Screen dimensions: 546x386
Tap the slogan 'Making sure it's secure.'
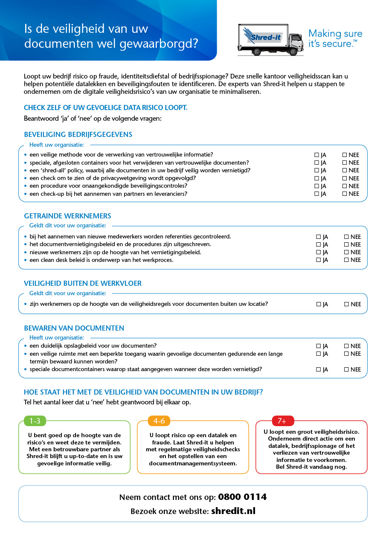point(335,38)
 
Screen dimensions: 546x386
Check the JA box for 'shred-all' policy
point(316,171)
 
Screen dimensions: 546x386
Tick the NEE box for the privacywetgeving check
point(345,178)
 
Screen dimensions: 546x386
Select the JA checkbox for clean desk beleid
point(318,260)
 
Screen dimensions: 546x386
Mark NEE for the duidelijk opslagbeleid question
point(346,346)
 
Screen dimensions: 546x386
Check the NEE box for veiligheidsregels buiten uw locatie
point(346,305)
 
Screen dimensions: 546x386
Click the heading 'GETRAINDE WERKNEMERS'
point(67,216)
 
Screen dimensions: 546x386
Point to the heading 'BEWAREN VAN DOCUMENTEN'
point(74,328)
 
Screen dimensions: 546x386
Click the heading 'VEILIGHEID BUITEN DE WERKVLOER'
point(83,283)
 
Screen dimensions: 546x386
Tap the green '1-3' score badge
point(35,421)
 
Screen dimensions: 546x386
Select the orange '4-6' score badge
point(159,421)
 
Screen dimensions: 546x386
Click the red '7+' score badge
point(282,421)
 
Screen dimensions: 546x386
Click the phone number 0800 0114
point(242,497)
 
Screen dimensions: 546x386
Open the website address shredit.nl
point(233,511)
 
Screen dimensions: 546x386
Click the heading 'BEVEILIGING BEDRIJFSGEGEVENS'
point(78,134)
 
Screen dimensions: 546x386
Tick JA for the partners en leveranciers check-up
point(316,194)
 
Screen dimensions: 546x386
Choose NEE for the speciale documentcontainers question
point(346,370)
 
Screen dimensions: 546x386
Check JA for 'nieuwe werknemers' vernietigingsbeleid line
point(318,253)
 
